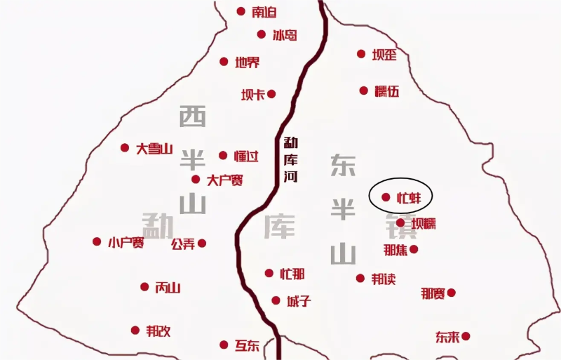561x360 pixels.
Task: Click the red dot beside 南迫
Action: pyautogui.click(x=241, y=11)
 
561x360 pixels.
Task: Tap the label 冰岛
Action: pyautogui.click(x=285, y=34)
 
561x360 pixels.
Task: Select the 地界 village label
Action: pyautogui.click(x=248, y=62)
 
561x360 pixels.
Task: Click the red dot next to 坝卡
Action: pyautogui.click(x=271, y=93)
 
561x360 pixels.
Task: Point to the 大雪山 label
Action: pyautogui.click(x=154, y=148)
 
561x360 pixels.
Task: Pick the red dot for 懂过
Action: pyautogui.click(x=223, y=155)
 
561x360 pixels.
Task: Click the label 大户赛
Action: pyautogui.click(x=225, y=180)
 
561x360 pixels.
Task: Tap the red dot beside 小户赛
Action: pyautogui.click(x=97, y=241)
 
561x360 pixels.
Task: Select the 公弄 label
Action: pyautogui.click(x=183, y=244)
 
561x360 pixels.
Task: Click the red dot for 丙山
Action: pyautogui.click(x=144, y=286)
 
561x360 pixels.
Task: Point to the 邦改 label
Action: pyautogui.click(x=158, y=331)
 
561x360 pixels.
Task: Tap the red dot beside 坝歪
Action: pyautogui.click(x=361, y=53)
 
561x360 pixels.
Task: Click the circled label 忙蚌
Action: pyautogui.click(x=408, y=197)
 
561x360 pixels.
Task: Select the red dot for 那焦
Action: pyautogui.click(x=414, y=249)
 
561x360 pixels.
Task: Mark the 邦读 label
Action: pyautogui.click(x=384, y=279)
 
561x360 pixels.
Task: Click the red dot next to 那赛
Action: pyautogui.click(x=451, y=293)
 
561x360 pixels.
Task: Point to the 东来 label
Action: pyautogui.click(x=447, y=337)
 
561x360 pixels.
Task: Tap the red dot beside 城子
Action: pyautogui.click(x=276, y=300)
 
